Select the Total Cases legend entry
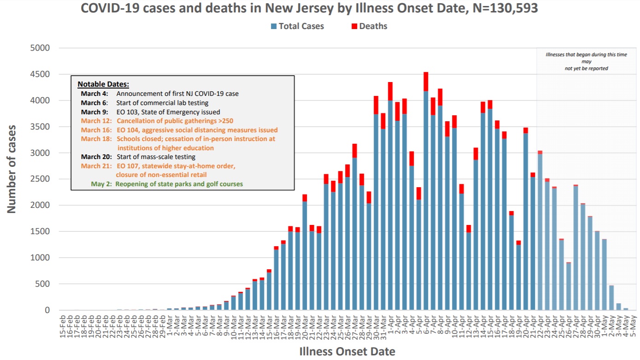coord(297,26)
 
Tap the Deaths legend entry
coord(369,26)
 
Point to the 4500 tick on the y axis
coord(41,74)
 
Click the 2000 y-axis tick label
coord(41,205)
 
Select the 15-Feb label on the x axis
coord(63,328)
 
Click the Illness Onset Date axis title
coord(347,352)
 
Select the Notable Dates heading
coord(103,84)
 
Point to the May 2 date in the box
coord(101,184)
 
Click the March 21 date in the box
coord(96,166)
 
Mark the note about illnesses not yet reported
coord(586,61)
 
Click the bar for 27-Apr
coord(575,249)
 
